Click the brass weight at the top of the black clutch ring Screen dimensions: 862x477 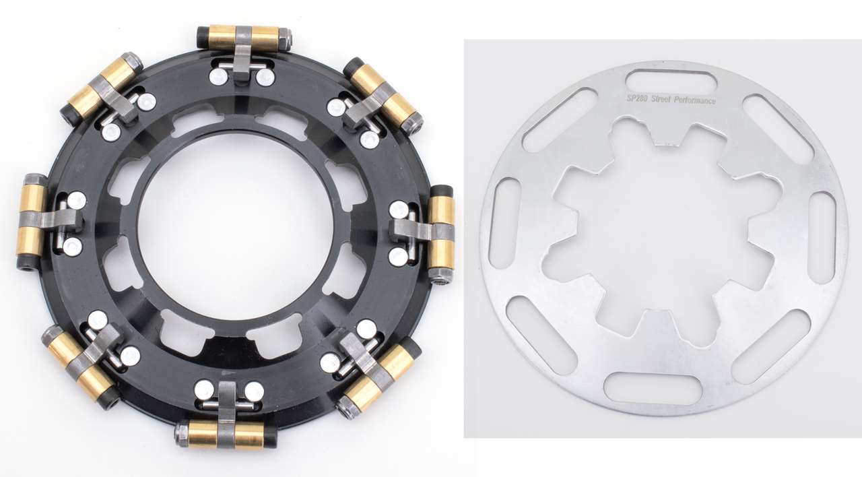pyautogui.click(x=244, y=37)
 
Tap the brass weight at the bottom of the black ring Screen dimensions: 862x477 pyautogui.click(x=227, y=434)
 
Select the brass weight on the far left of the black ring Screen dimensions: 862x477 pyautogui.click(x=31, y=222)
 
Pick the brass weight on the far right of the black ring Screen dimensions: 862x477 pyautogui.click(x=441, y=234)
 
